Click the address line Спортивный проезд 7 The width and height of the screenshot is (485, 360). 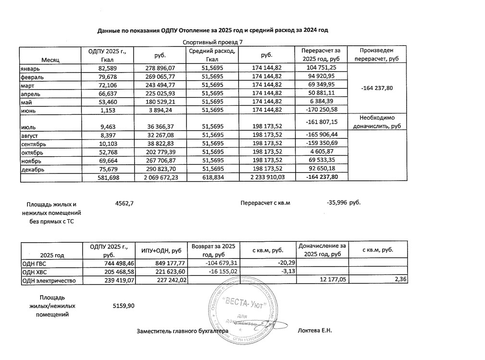coord(213,42)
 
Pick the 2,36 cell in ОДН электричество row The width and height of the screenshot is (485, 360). coord(400,280)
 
